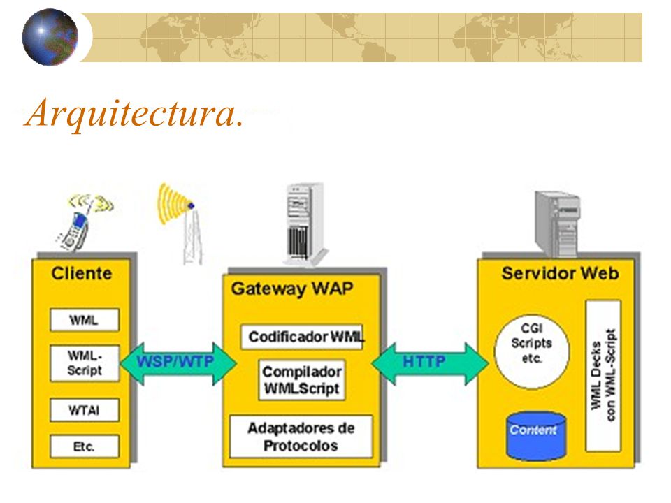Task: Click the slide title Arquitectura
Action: (x=134, y=113)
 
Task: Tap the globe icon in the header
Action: (x=50, y=37)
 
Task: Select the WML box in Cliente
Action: (x=85, y=320)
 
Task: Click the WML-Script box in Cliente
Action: (x=85, y=363)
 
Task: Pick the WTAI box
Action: (x=85, y=410)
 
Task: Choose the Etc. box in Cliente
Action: (x=85, y=446)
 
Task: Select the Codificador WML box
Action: (x=302, y=337)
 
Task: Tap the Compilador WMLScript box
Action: (x=302, y=380)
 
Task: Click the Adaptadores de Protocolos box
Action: (x=301, y=436)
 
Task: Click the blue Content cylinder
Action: (x=536, y=435)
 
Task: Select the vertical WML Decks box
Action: (x=603, y=376)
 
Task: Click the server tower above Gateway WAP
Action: (x=305, y=224)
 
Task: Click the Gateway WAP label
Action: (x=292, y=289)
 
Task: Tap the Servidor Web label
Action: (x=560, y=273)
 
